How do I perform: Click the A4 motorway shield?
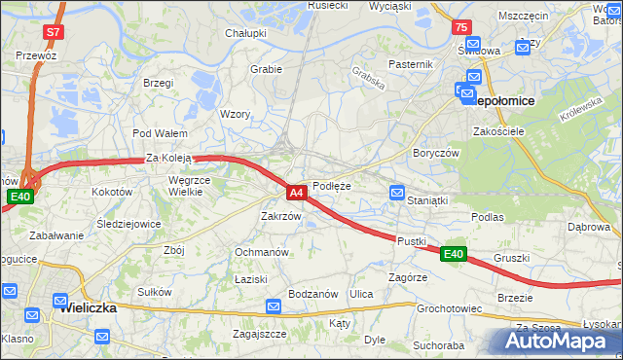(x=298, y=193)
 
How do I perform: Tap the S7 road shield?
(x=55, y=32)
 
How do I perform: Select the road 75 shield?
(x=462, y=27)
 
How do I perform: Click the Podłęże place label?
(x=332, y=186)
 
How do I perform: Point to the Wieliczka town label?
(x=88, y=307)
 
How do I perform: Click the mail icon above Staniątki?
(x=397, y=193)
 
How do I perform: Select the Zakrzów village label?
(x=280, y=216)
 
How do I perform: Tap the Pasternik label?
(x=410, y=64)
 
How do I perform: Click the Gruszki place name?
(x=511, y=258)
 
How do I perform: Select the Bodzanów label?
(x=313, y=294)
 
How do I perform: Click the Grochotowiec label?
(x=450, y=308)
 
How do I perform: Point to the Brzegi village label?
(x=158, y=84)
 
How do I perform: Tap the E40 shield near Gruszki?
(x=453, y=254)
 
